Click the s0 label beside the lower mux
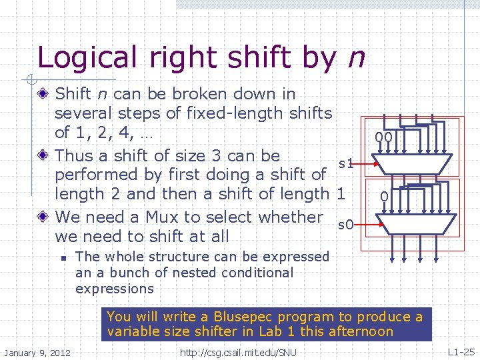(345, 225)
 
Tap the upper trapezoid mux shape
(413, 163)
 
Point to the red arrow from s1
(367, 163)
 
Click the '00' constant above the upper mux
(383, 138)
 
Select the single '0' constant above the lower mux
(383, 197)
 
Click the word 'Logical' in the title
(79, 57)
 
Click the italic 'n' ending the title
(356, 59)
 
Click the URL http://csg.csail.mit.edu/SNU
(238, 352)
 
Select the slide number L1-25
(461, 351)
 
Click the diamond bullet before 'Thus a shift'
(44, 156)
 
